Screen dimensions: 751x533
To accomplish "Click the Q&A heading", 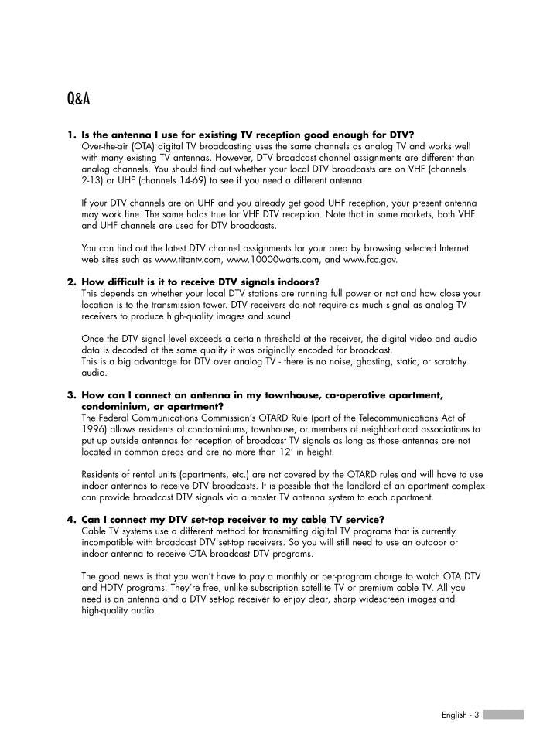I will [78, 100].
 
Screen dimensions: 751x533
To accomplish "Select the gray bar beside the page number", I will [504, 715].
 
